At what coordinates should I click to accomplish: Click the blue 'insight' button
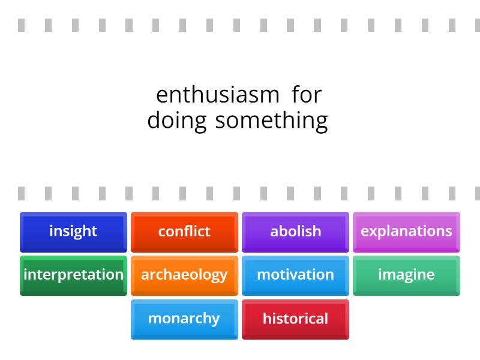point(73,231)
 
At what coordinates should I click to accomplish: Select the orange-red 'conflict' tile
point(184,231)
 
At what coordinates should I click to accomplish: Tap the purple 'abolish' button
point(295,231)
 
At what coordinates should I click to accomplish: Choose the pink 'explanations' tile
point(406,231)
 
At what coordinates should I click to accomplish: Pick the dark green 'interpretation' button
point(73,275)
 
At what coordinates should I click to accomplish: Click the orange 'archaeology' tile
point(184,275)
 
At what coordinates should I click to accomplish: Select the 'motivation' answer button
point(295,275)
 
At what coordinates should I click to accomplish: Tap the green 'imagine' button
point(406,275)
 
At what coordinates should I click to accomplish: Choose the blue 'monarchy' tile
point(184,319)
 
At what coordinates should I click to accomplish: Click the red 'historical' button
point(295,319)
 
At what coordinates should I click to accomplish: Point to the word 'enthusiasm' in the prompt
point(217,95)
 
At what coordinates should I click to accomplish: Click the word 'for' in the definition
point(307,95)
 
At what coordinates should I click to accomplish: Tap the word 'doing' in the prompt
point(177,120)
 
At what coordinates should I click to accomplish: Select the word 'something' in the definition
point(271,120)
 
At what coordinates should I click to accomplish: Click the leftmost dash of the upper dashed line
point(21,26)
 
